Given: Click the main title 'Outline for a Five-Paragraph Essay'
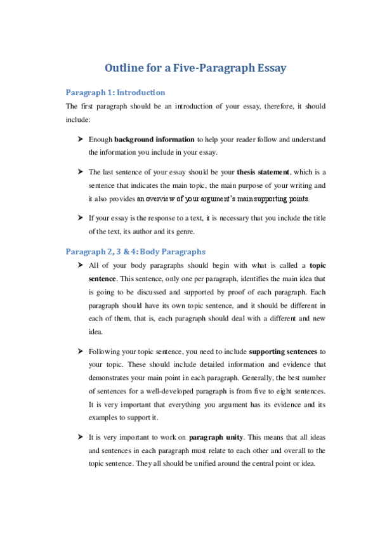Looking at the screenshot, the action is tap(190, 69).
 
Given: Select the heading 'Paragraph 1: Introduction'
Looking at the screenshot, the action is tap(115, 92).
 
